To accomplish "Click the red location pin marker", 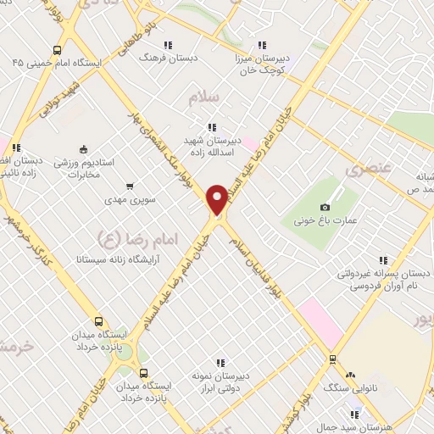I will pyautogui.click(x=217, y=200).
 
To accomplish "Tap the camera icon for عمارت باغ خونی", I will pyautogui.click(x=325, y=208).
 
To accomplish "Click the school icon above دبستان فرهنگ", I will pyautogui.click(x=169, y=45).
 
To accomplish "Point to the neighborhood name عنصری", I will pyautogui.click(x=366, y=170).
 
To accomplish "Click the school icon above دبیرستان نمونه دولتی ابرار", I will pyautogui.click(x=222, y=364).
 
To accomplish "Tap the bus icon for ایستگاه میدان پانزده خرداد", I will pyautogui.click(x=100, y=322).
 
